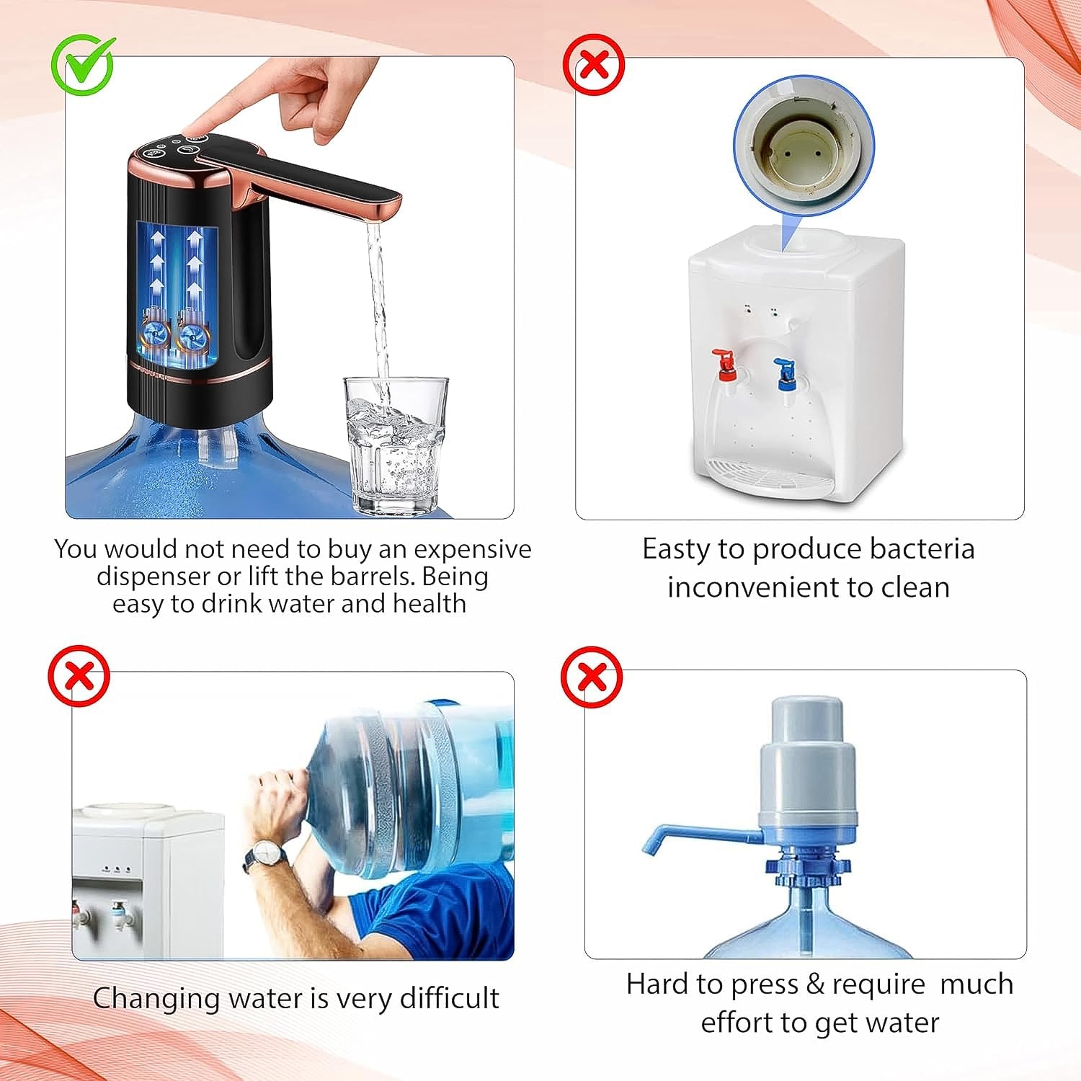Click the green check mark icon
coord(83,65)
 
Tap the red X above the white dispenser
coord(593,66)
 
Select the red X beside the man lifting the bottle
coord(79,675)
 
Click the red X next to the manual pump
coord(592,677)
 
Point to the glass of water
coord(396,447)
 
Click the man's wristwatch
coord(267,855)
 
